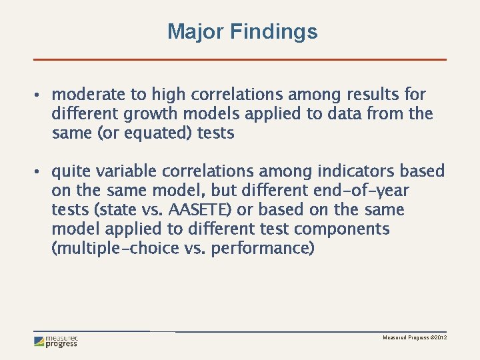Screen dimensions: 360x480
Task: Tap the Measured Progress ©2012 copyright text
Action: click(x=414, y=339)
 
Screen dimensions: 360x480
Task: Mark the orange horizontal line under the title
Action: click(x=239, y=59)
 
